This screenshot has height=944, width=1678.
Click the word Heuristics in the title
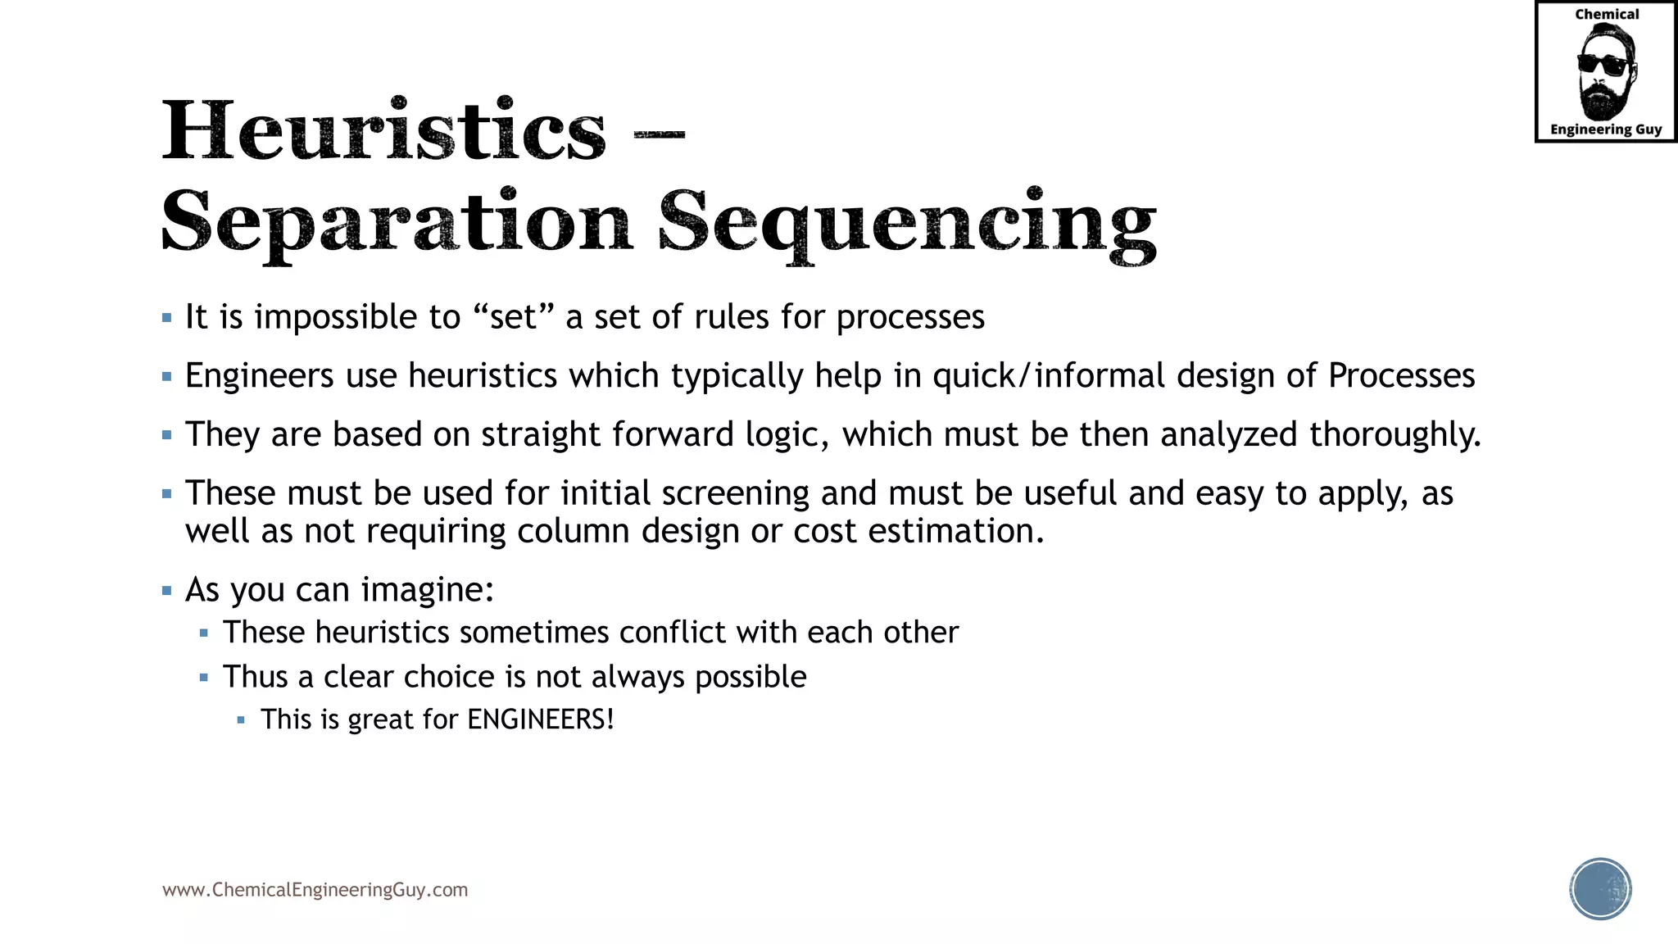tap(383, 131)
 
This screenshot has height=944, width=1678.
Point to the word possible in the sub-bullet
tap(751, 677)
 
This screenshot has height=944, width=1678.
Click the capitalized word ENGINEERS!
tap(541, 719)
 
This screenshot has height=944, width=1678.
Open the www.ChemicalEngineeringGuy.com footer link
tap(315, 890)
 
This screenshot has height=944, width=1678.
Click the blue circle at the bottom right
tap(1600, 889)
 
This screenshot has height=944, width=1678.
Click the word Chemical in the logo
tap(1607, 14)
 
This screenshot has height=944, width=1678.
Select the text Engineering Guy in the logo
tap(1606, 129)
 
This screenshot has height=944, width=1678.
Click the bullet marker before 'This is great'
tap(241, 720)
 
